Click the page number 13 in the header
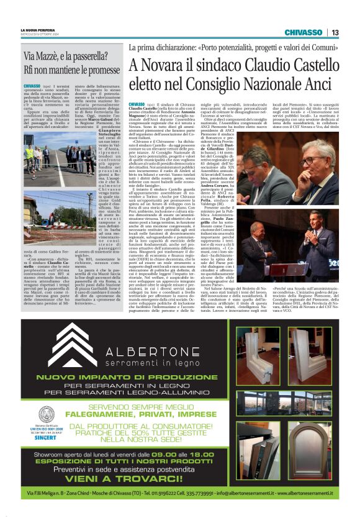[x=335, y=32]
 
